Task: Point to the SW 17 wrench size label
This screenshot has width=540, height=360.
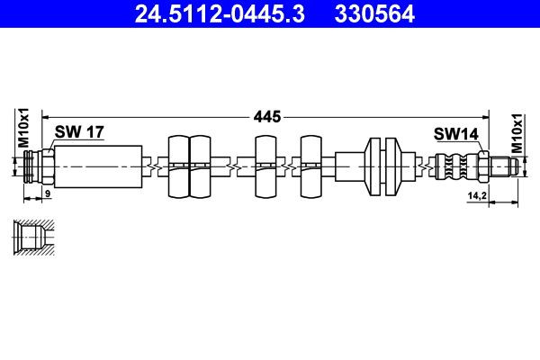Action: click(x=79, y=131)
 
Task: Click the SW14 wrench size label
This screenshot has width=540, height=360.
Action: click(x=454, y=133)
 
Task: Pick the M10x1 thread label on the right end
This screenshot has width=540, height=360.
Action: click(x=517, y=133)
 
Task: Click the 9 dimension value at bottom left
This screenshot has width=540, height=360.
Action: click(x=48, y=194)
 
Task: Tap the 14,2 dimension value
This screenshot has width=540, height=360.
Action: click(x=477, y=194)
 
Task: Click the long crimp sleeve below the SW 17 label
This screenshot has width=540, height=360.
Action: click(x=99, y=166)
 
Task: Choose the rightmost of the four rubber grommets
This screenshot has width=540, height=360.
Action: click(x=311, y=166)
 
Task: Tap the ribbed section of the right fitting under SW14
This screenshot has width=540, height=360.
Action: click(x=454, y=166)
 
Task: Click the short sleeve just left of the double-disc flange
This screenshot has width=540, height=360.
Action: click(x=348, y=166)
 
